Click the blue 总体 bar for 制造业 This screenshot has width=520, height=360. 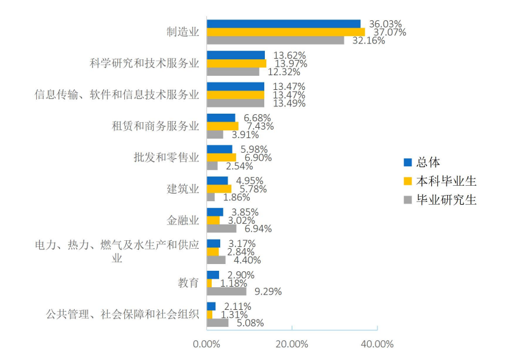click(283, 24)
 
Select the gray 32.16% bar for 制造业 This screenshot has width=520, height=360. click(275, 40)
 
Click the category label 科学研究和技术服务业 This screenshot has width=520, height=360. click(144, 64)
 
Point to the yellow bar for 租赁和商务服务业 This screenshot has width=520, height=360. click(223, 126)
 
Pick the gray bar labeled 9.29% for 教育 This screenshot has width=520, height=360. click(226, 292)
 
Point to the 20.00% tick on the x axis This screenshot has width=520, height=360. click(292, 343)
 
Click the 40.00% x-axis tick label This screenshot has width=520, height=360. click(377, 343)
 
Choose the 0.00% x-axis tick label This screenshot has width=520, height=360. click(207, 343)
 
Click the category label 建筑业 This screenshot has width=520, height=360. click(183, 188)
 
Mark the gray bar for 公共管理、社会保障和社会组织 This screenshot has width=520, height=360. click(218, 323)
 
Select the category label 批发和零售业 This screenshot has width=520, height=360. click(166, 157)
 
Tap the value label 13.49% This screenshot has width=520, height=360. click(288, 103)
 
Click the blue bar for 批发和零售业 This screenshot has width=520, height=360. click(220, 149)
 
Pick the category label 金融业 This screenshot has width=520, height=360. click(183, 220)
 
